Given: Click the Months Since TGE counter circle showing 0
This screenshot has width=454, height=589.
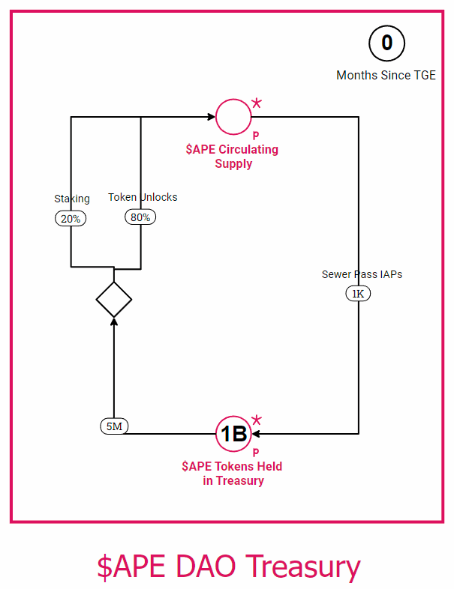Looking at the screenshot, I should coord(386,43).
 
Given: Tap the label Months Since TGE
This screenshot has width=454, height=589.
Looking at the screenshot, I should coord(386,75).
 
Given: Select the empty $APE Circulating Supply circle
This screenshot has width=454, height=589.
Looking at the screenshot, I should coord(233,117).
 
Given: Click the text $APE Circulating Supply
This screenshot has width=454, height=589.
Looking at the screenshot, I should coord(233,157).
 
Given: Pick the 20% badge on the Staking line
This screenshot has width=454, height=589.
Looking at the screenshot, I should coord(71,218).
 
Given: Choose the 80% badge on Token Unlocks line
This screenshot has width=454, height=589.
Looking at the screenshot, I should coord(140,217).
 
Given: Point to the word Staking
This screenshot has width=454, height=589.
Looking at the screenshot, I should coord(72,199).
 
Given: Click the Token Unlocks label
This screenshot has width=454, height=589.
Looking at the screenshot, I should coord(143,197).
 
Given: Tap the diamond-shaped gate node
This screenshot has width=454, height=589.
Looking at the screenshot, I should coord(114,300).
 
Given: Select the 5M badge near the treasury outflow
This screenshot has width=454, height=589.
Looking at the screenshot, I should coord(115,426).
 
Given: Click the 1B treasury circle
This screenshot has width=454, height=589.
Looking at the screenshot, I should coord(233,433).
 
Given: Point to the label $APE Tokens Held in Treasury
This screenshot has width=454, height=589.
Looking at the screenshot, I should coord(233,474).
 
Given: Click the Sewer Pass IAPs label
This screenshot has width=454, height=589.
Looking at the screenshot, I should coord(362,274).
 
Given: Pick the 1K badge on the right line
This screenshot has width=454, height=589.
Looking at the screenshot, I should coord(358,294).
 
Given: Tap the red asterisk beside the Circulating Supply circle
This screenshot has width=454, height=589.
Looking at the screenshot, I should coord(257,103).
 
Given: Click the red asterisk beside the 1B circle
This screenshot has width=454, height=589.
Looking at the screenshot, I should coord(257,420).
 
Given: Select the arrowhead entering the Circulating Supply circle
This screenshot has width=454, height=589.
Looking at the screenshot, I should coord(211,117).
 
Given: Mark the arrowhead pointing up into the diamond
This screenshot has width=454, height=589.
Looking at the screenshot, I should coord(114,321).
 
